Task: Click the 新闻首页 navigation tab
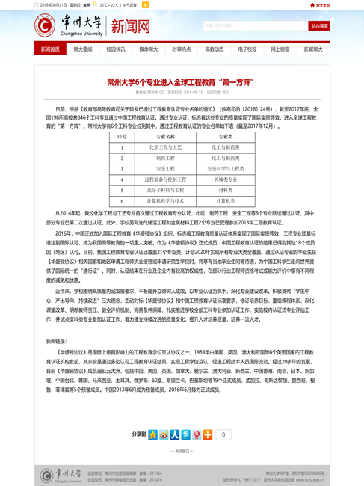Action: tap(50, 49)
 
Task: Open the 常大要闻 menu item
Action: tap(83, 49)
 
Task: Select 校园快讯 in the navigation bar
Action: tap(116, 49)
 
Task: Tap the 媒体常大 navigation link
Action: tap(149, 49)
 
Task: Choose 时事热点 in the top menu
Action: tap(182, 49)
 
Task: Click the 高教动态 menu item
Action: tap(215, 49)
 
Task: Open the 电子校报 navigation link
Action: tap(247, 49)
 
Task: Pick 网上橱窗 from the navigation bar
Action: tap(280, 49)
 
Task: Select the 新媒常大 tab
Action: tap(313, 49)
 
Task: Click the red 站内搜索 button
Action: tap(319, 26)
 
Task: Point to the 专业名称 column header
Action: tap(165, 137)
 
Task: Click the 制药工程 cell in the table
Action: tap(165, 159)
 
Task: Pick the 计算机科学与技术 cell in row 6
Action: tap(165, 201)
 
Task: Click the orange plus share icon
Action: tap(208, 434)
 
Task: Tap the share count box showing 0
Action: tap(223, 434)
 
